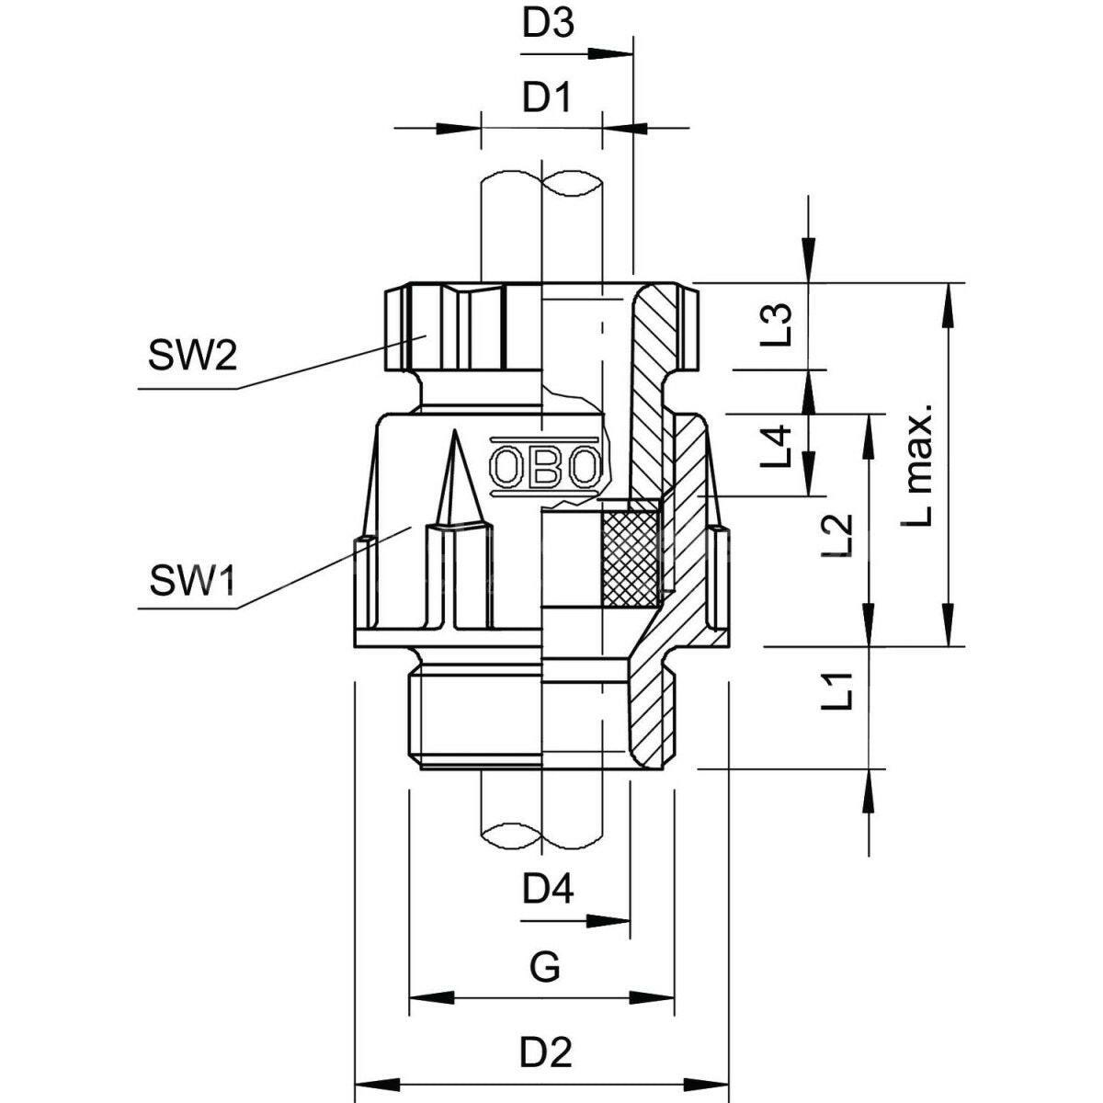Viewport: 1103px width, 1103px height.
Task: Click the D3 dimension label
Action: pyautogui.click(x=547, y=24)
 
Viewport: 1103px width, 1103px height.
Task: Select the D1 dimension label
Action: pyautogui.click(x=547, y=98)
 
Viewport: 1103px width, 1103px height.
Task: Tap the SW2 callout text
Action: pyautogui.click(x=192, y=356)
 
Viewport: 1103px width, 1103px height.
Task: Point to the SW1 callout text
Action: pyautogui.click(x=192, y=580)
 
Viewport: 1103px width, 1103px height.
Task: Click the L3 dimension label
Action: pyautogui.click(x=777, y=324)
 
